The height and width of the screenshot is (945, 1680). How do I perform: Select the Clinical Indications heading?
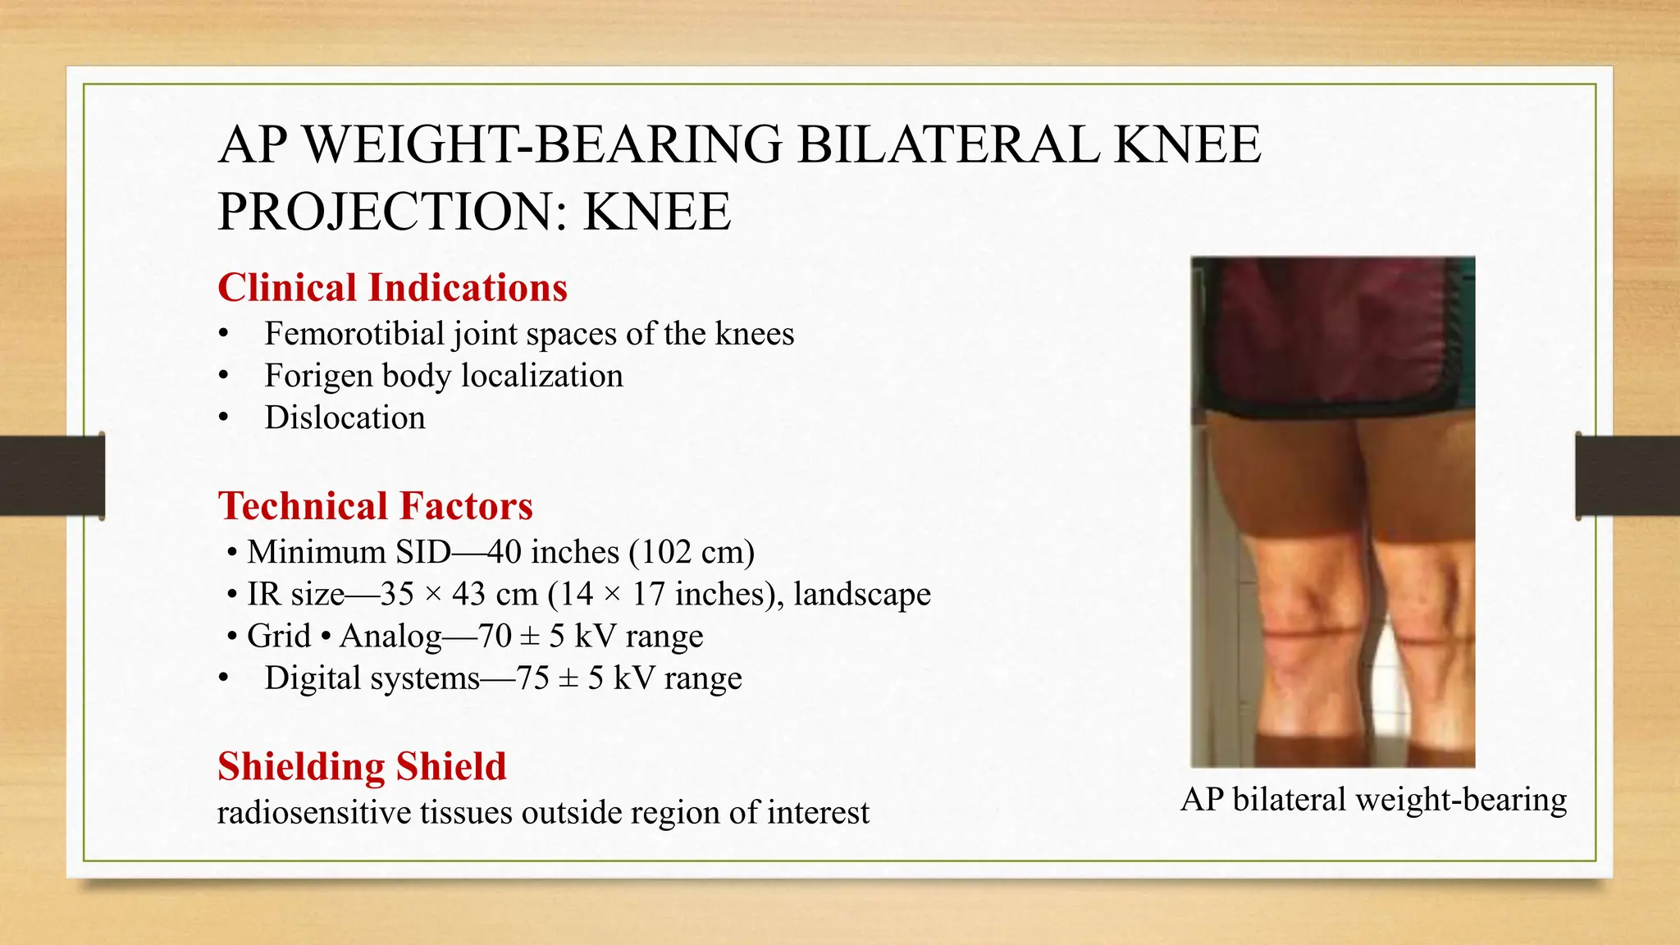[x=392, y=288]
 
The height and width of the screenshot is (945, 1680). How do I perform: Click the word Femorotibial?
[x=354, y=334]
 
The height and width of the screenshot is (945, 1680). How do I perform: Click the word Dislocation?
[x=345, y=418]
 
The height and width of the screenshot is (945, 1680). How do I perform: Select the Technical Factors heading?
[x=375, y=506]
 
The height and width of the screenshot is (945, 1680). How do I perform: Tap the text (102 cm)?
[x=692, y=552]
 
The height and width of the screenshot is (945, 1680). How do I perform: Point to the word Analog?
[x=390, y=636]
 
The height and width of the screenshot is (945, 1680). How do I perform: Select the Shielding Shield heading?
[x=362, y=766]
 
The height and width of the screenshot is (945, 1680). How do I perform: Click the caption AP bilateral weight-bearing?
[x=1373, y=799]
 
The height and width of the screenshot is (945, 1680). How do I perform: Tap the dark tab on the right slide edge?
[x=1627, y=476]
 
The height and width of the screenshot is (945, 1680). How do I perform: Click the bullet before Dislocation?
[x=223, y=418]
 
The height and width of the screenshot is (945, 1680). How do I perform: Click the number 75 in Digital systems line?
[x=532, y=678]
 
